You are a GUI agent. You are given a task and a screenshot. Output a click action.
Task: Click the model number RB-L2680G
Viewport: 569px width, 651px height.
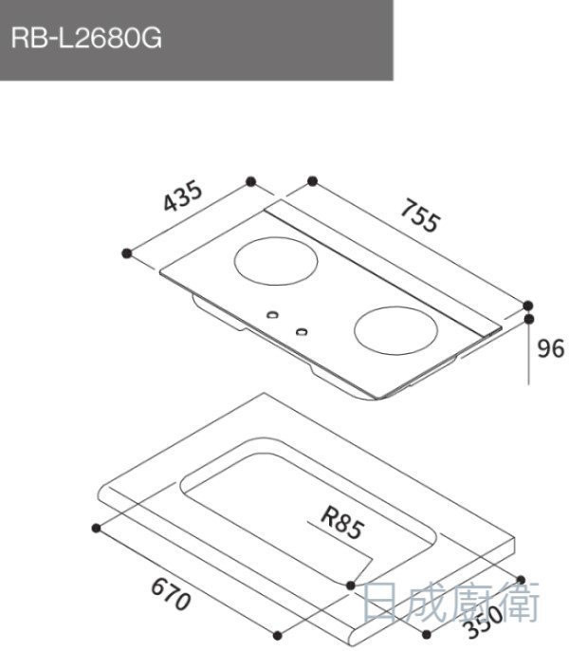86,38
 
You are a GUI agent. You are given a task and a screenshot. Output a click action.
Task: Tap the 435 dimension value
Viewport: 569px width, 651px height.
183,195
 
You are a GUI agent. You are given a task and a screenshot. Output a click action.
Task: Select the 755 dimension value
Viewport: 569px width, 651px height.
419,215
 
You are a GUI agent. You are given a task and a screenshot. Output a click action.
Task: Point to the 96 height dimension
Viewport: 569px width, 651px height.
551,348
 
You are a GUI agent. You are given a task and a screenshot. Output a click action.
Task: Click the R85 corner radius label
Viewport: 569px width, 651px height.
343,523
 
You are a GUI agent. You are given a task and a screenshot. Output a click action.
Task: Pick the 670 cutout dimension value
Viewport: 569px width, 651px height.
171,594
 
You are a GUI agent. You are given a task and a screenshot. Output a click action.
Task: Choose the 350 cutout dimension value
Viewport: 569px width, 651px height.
485,622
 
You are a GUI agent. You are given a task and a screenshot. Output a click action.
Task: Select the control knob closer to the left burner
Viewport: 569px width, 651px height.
272,315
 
